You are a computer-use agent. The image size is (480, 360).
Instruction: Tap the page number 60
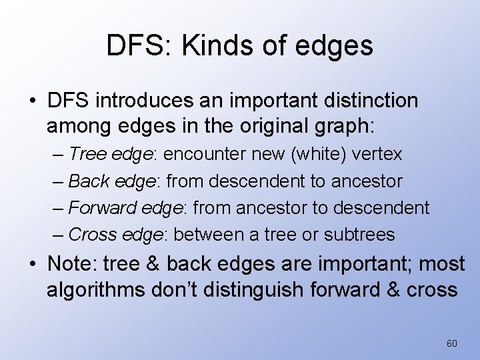point(452,343)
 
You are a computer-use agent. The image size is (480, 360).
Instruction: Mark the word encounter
point(205,155)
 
